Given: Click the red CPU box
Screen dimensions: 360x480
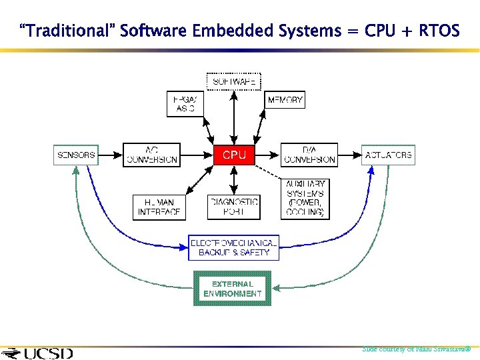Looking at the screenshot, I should [x=233, y=155].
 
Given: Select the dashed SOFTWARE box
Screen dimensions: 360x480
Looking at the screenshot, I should [x=233, y=82].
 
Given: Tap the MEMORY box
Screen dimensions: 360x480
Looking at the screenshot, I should [x=285, y=101].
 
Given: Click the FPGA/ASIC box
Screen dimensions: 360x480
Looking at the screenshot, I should [x=185, y=103].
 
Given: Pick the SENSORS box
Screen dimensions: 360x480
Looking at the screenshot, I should [x=75, y=155].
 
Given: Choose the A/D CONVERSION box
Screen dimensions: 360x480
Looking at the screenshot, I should [x=151, y=155].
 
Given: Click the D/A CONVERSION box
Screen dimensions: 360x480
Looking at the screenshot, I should [x=309, y=155].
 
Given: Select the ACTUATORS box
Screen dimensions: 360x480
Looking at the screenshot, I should [x=388, y=155].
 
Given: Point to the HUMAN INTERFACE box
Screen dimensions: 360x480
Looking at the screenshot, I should [x=159, y=207].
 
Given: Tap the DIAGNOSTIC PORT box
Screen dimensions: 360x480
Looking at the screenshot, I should [x=233, y=207].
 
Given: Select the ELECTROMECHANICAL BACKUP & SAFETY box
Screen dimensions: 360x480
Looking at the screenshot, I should [x=233, y=247].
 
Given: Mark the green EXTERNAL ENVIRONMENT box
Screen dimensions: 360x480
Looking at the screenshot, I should [x=232, y=288].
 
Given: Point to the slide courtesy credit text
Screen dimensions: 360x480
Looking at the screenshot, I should [x=416, y=349].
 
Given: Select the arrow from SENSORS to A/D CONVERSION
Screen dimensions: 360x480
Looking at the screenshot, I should [x=110, y=155].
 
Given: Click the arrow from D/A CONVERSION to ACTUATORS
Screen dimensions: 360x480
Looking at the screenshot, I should [x=349, y=155].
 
